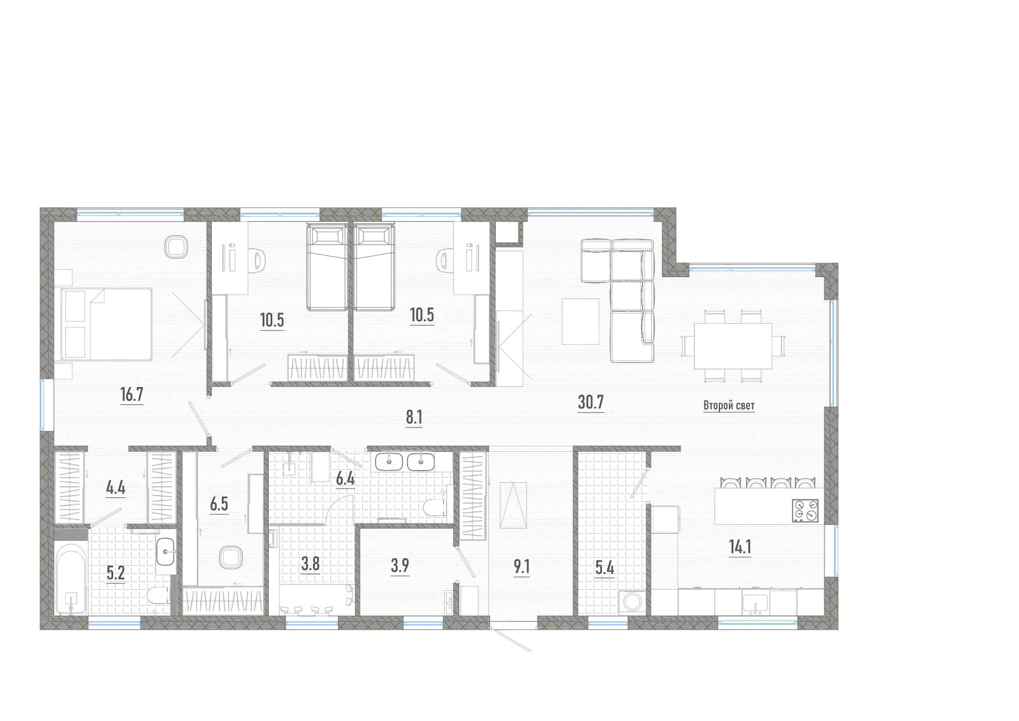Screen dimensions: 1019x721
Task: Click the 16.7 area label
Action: click(x=131, y=395)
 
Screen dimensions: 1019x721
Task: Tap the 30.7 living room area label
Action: click(x=591, y=402)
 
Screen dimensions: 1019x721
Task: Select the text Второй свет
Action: click(x=729, y=406)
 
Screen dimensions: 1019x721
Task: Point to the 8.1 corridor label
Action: click(x=413, y=417)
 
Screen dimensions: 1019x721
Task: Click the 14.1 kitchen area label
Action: click(x=740, y=547)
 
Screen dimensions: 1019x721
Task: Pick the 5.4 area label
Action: click(x=604, y=568)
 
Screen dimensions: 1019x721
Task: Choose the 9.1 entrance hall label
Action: click(x=521, y=566)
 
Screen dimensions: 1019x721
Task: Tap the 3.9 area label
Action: click(x=399, y=566)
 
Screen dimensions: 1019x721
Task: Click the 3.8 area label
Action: click(x=311, y=564)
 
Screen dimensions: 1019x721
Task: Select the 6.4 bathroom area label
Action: click(x=345, y=479)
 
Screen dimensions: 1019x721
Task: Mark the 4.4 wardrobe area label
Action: click(x=116, y=487)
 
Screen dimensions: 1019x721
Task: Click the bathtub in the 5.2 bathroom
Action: click(x=71, y=579)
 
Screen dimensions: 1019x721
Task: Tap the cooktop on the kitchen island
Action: click(x=805, y=511)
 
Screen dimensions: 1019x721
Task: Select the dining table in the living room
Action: click(x=733, y=346)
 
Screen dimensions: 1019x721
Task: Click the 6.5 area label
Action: click(x=219, y=504)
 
